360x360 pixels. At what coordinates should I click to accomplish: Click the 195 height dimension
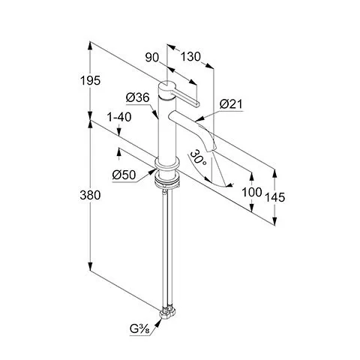(90, 80)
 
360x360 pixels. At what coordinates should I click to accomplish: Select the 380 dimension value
(90, 195)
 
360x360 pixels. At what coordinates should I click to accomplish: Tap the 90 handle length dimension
(152, 58)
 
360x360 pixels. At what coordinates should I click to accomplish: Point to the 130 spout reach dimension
(190, 57)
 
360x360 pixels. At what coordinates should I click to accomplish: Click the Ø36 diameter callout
(138, 97)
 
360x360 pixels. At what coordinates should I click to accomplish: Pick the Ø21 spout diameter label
(231, 104)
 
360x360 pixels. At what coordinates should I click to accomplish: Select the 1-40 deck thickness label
(119, 117)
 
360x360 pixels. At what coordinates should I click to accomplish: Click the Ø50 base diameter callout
(124, 175)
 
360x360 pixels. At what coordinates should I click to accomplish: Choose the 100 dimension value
(252, 192)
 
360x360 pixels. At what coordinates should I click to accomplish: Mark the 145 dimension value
(274, 197)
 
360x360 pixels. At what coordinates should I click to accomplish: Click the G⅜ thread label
(139, 330)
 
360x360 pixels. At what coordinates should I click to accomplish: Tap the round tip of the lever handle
(197, 104)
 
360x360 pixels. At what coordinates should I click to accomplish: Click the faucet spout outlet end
(211, 149)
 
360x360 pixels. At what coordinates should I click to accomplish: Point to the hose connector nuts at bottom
(167, 313)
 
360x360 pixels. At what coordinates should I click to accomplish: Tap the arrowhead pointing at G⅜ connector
(158, 323)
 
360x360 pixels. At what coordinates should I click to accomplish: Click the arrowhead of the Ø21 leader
(199, 119)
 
